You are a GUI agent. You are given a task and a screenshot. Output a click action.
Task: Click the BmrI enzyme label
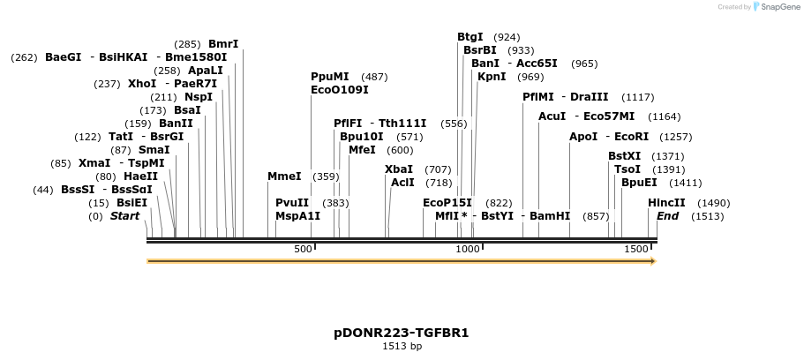point(223,44)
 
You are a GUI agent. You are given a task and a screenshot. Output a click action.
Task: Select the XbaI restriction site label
point(399,169)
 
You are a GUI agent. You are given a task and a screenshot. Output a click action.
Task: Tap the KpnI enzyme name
point(492,77)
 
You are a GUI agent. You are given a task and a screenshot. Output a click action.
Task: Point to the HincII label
point(666,203)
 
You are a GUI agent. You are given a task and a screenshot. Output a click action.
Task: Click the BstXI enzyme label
point(625,156)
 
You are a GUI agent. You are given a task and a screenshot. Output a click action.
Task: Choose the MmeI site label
point(284,176)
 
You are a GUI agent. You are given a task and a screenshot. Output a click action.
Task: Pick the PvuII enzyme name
point(292,203)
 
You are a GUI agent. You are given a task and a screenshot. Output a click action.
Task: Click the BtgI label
point(470,37)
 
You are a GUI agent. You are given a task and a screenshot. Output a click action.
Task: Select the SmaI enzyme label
point(154,150)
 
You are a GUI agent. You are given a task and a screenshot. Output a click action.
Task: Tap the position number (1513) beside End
point(707,216)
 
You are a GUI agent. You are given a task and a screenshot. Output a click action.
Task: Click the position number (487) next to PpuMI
point(374,77)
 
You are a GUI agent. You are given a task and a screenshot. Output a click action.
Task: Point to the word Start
point(124,216)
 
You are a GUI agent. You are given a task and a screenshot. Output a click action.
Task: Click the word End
point(668,216)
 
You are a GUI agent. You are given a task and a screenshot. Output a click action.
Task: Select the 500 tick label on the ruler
point(303,250)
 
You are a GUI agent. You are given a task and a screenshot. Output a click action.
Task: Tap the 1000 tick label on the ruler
point(468,250)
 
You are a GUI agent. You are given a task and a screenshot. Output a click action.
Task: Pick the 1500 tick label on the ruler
point(635,250)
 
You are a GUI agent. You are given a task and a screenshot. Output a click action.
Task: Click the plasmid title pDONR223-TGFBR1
point(402,333)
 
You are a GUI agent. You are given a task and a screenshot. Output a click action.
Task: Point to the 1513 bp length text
point(402,347)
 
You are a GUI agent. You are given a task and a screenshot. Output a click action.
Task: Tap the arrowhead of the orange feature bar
point(652,261)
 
